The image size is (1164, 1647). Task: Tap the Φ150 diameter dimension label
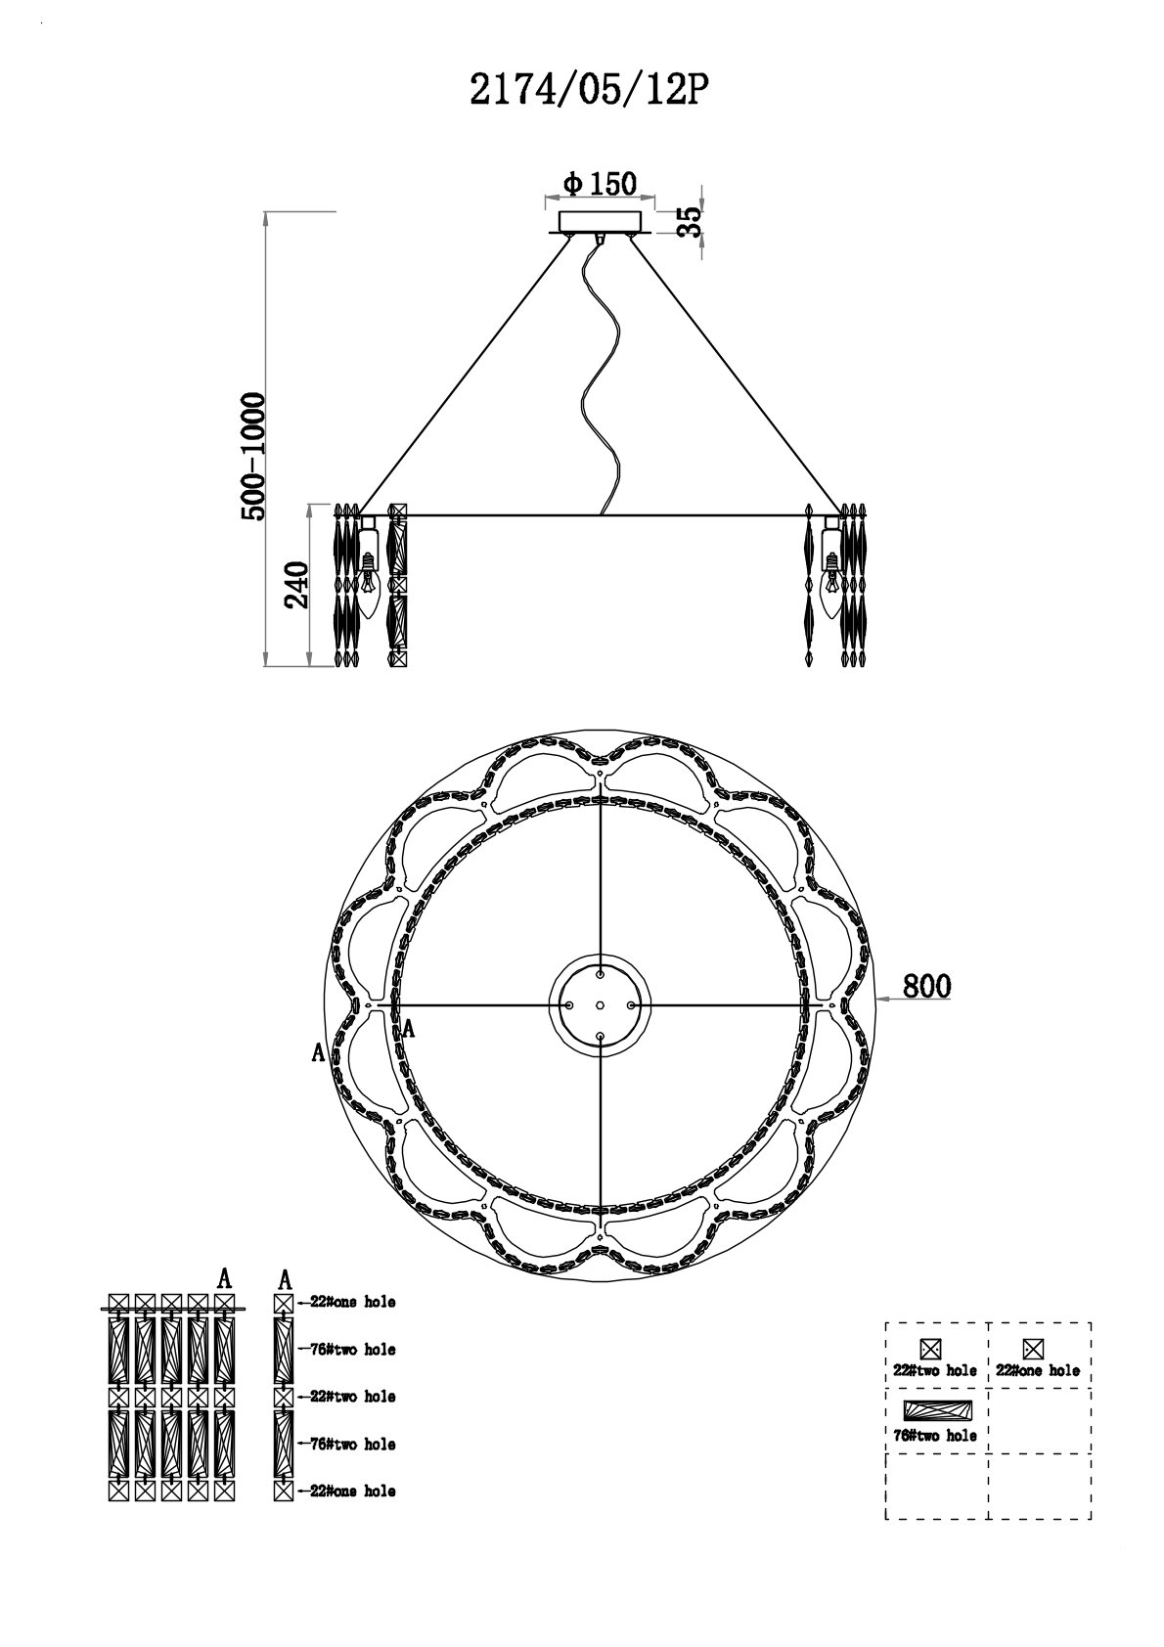tap(600, 184)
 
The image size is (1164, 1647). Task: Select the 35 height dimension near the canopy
tap(689, 221)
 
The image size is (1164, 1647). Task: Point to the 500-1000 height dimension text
tap(253, 458)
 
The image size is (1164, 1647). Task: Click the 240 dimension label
tap(296, 585)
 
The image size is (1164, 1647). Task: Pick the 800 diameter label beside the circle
tap(926, 985)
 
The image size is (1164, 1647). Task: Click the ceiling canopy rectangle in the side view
tap(600, 222)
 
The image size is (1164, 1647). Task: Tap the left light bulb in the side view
tap(368, 585)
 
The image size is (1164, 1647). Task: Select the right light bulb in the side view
tap(831, 585)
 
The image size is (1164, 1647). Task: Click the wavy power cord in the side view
tap(602, 375)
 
